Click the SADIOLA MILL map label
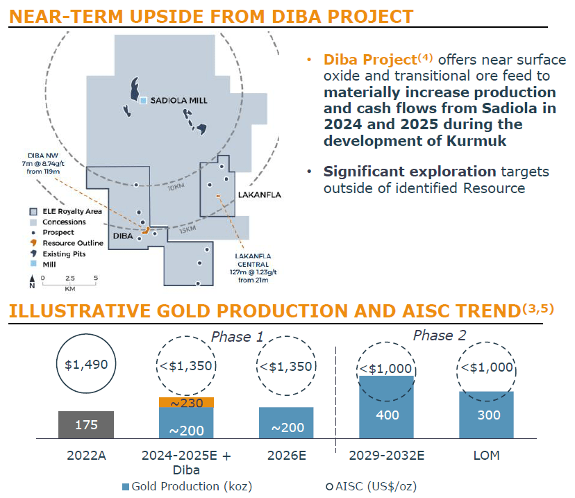click(178, 101)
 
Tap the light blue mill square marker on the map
click(143, 101)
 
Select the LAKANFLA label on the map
click(259, 195)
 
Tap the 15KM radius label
click(187, 230)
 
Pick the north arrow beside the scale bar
click(32, 282)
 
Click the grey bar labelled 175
click(86, 424)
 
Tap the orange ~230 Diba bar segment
click(186, 401)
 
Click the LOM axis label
click(485, 456)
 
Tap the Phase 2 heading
click(440, 336)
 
